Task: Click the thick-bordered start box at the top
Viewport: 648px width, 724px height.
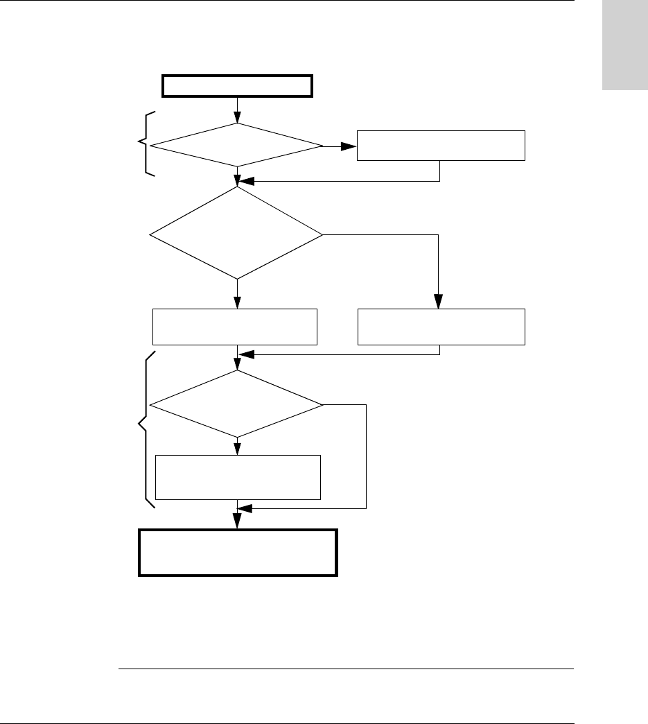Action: [x=238, y=86]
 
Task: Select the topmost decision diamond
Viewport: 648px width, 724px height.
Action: [x=237, y=146]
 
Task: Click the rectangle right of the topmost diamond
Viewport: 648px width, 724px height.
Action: [x=441, y=145]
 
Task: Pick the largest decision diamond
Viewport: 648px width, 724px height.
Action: [x=237, y=235]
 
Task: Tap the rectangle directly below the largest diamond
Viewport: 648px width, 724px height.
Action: [x=235, y=327]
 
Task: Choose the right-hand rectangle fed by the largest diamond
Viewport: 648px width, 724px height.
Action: [x=441, y=327]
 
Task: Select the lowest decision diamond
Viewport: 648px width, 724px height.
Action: [x=237, y=404]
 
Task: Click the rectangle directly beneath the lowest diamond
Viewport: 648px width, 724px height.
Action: [x=238, y=477]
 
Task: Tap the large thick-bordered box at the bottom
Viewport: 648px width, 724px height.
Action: [x=238, y=553]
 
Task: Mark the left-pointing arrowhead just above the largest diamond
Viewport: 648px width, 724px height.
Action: [x=245, y=182]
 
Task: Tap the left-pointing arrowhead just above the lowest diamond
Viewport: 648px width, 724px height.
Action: [x=245, y=355]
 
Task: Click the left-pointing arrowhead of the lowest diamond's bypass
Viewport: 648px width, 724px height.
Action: [x=245, y=509]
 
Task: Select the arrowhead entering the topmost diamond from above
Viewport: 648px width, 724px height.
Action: [x=238, y=118]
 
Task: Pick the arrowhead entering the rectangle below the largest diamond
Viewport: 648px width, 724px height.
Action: [x=238, y=302]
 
